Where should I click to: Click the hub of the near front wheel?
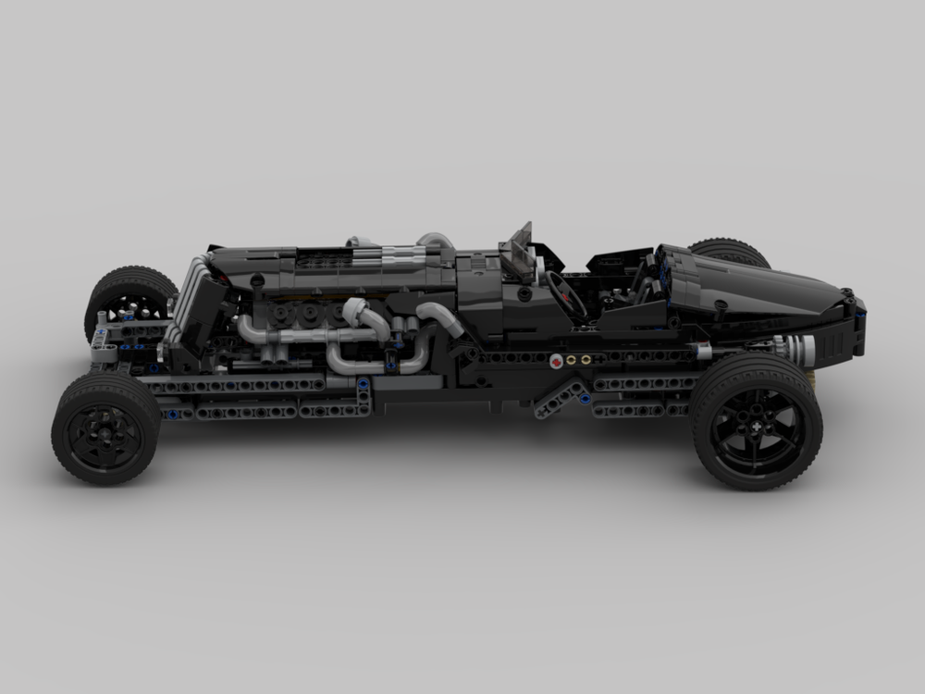tap(105, 428)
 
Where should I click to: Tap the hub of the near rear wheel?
tap(757, 422)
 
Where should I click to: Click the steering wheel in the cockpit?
tap(564, 295)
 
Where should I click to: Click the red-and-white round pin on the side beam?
tap(556, 361)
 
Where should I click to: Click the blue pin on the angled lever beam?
tap(584, 399)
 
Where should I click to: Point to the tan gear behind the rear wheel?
tap(810, 378)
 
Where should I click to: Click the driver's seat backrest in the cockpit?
tap(647, 278)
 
